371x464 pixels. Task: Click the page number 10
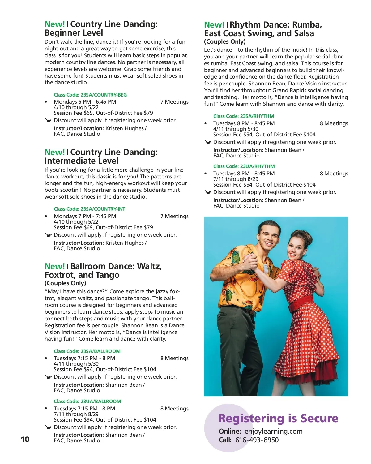[x=25, y=439]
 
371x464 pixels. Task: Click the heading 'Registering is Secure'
[x=278, y=418]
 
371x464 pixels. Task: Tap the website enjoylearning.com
[x=273, y=432]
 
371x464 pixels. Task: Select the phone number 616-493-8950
[x=257, y=440]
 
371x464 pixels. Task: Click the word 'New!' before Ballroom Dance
[x=55, y=266]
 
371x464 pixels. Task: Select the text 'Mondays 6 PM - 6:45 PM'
[x=85, y=102]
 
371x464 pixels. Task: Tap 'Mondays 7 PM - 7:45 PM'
[x=85, y=216]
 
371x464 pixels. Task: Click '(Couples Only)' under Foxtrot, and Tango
[x=65, y=283]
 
